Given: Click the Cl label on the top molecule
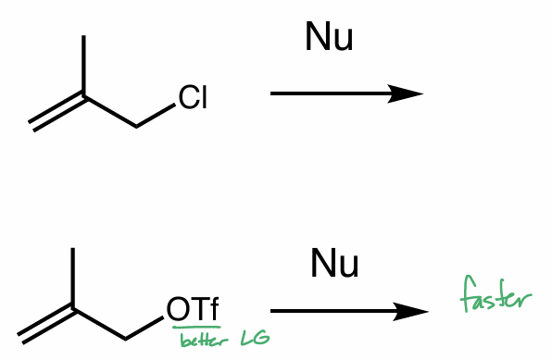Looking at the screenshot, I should [x=193, y=97].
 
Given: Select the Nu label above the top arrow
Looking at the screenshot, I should [x=329, y=38].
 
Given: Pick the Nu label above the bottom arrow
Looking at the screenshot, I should [x=334, y=264].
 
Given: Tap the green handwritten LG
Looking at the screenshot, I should [x=255, y=339].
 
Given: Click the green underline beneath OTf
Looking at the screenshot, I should [x=195, y=327].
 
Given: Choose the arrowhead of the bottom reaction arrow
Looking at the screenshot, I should [x=412, y=313].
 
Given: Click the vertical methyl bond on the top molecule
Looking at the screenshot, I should [x=84, y=65].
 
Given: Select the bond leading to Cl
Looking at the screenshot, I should [x=156, y=116].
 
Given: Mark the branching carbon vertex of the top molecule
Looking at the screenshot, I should [x=84, y=95].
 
